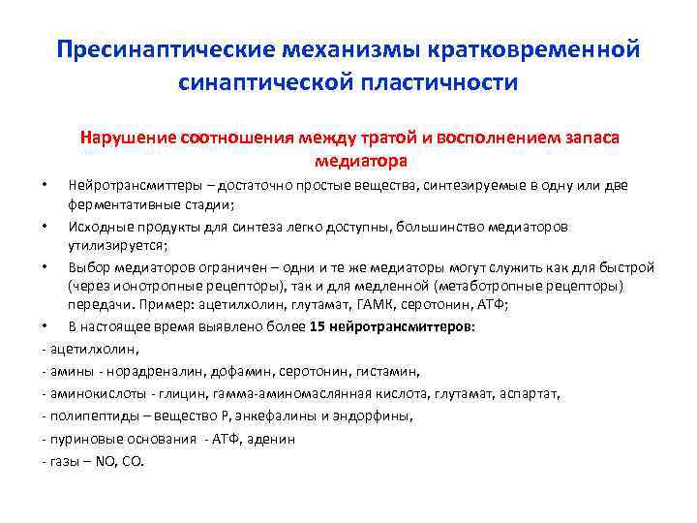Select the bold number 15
coord(318,326)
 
